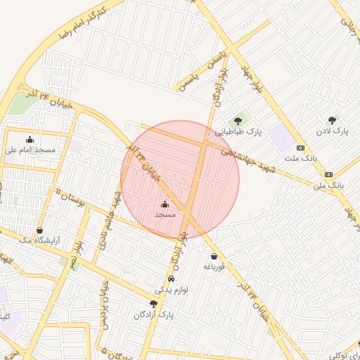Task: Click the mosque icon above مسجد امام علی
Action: click(30, 139)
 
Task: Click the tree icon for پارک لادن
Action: click(332, 120)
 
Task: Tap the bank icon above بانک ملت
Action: click(300, 148)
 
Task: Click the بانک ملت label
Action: click(300, 158)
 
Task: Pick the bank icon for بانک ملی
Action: click(328, 174)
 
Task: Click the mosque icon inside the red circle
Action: click(165, 203)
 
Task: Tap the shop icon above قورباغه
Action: click(213, 257)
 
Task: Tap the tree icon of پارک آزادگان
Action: click(153, 304)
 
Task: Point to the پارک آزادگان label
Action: click(153, 315)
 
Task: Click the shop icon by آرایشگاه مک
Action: click(39, 231)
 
